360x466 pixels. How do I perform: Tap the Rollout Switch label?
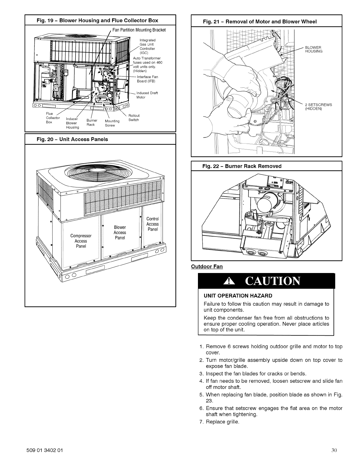134,118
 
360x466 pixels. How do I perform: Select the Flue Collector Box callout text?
53,118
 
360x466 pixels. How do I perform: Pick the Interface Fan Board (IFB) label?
147,79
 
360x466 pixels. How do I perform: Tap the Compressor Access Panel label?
81,241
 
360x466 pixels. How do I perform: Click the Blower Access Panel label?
120,232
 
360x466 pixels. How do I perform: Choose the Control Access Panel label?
152,224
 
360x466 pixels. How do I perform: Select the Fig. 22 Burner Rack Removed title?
242,166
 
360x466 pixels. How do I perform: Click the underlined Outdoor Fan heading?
207,267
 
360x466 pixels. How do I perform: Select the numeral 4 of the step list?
201,381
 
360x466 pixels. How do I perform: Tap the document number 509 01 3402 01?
44,450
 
